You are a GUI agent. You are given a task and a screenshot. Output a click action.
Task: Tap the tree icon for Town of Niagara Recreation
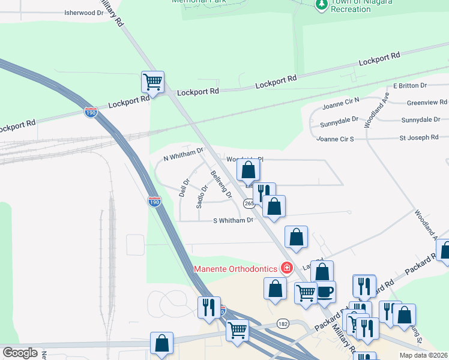[322, 4]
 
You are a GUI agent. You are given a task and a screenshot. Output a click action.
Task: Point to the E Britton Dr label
[409, 86]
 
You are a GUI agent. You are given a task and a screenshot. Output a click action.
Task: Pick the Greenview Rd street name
[427, 103]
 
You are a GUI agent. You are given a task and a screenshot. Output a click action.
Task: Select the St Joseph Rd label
[419, 137]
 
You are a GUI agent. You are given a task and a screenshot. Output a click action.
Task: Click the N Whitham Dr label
[184, 154]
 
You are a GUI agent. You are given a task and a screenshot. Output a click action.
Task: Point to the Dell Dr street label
[185, 185]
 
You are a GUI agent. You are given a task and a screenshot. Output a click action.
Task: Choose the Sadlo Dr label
[202, 196]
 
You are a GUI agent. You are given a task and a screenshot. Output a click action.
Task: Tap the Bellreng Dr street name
[221, 184]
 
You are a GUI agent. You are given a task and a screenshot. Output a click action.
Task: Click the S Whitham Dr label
[234, 220]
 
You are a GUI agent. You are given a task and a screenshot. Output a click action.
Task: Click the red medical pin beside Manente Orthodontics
[287, 268]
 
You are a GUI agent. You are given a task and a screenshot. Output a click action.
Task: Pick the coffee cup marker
[325, 292]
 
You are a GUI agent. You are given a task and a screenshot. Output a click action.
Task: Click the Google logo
[20, 353]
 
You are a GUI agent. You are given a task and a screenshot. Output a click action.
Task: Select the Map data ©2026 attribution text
[423, 355]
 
